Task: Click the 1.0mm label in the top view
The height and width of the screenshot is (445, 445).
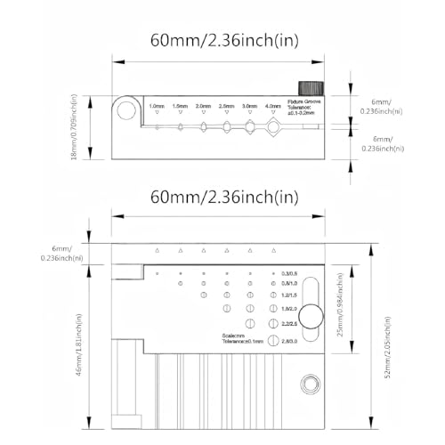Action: (158, 105)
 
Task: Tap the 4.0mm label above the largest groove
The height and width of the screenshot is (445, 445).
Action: (272, 105)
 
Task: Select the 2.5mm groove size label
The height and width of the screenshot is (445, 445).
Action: (226, 105)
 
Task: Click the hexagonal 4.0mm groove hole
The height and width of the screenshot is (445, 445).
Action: (272, 128)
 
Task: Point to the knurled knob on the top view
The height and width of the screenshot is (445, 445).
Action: (310, 90)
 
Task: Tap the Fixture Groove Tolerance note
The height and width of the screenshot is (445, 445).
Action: (306, 109)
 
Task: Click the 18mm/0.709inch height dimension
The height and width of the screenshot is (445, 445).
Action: (86, 127)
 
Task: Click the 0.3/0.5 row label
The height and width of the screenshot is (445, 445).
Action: (290, 272)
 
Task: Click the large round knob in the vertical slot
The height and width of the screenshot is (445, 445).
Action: (311, 316)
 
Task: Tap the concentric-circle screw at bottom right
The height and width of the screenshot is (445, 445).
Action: (311, 384)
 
